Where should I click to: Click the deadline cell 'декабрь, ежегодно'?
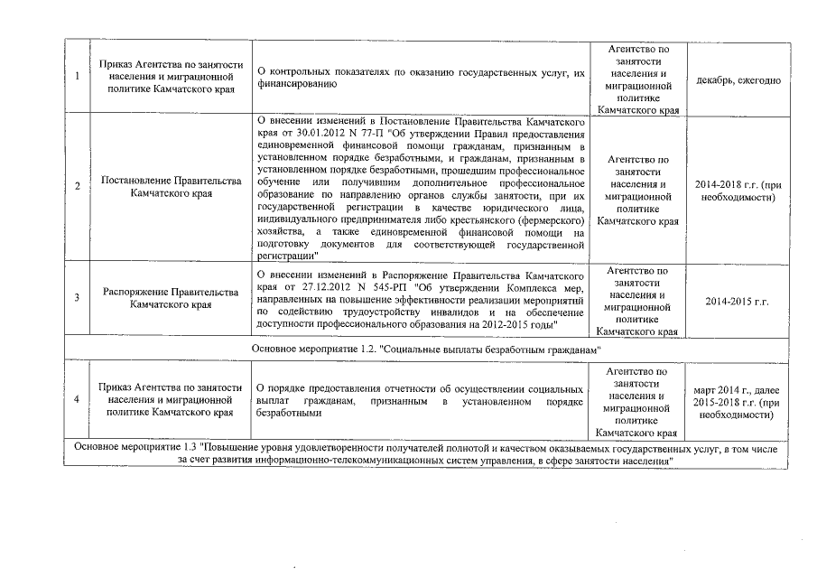click(738, 80)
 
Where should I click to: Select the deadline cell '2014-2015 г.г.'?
click(738, 299)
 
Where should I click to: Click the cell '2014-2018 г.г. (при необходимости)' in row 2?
click(738, 190)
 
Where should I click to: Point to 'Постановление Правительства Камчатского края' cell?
click(172, 187)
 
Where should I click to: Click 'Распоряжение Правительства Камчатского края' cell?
click(172, 298)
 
